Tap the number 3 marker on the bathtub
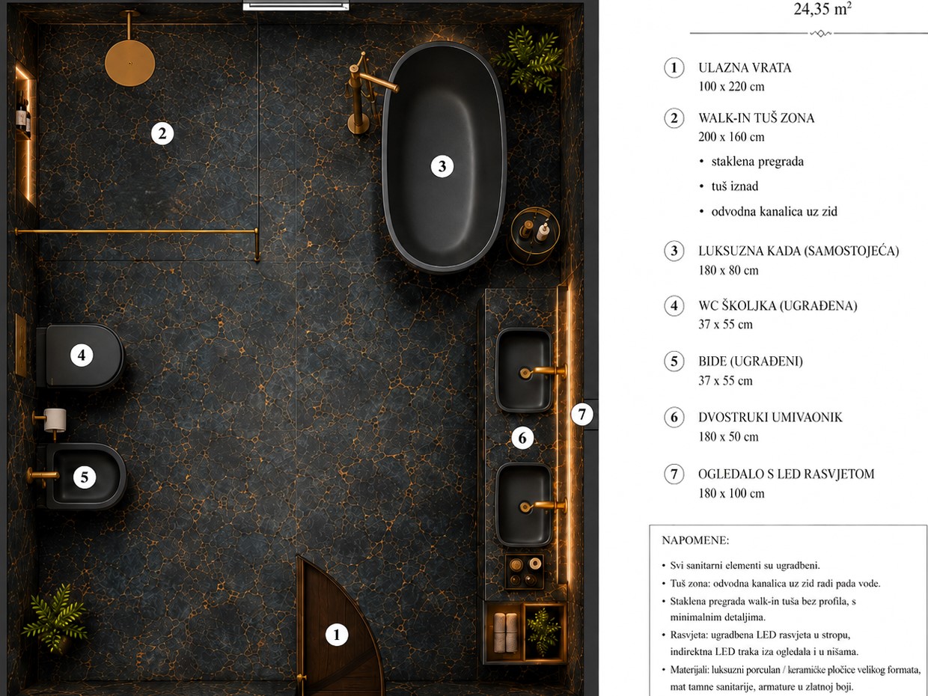(x=442, y=166)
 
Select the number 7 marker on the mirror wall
(x=582, y=415)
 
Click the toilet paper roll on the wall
(x=55, y=420)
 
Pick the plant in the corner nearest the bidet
(x=55, y=618)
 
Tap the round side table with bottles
(x=534, y=235)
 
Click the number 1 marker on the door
(x=337, y=635)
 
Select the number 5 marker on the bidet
(x=85, y=477)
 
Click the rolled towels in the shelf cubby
(x=506, y=632)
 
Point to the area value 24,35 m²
(x=822, y=9)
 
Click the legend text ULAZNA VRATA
(x=745, y=68)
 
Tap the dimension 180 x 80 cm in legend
(x=728, y=270)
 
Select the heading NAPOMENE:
(x=695, y=540)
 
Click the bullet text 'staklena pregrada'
(x=757, y=162)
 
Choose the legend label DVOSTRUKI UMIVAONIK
(x=770, y=418)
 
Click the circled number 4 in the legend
(x=674, y=305)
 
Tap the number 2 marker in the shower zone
(x=162, y=134)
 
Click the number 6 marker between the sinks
(x=522, y=439)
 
